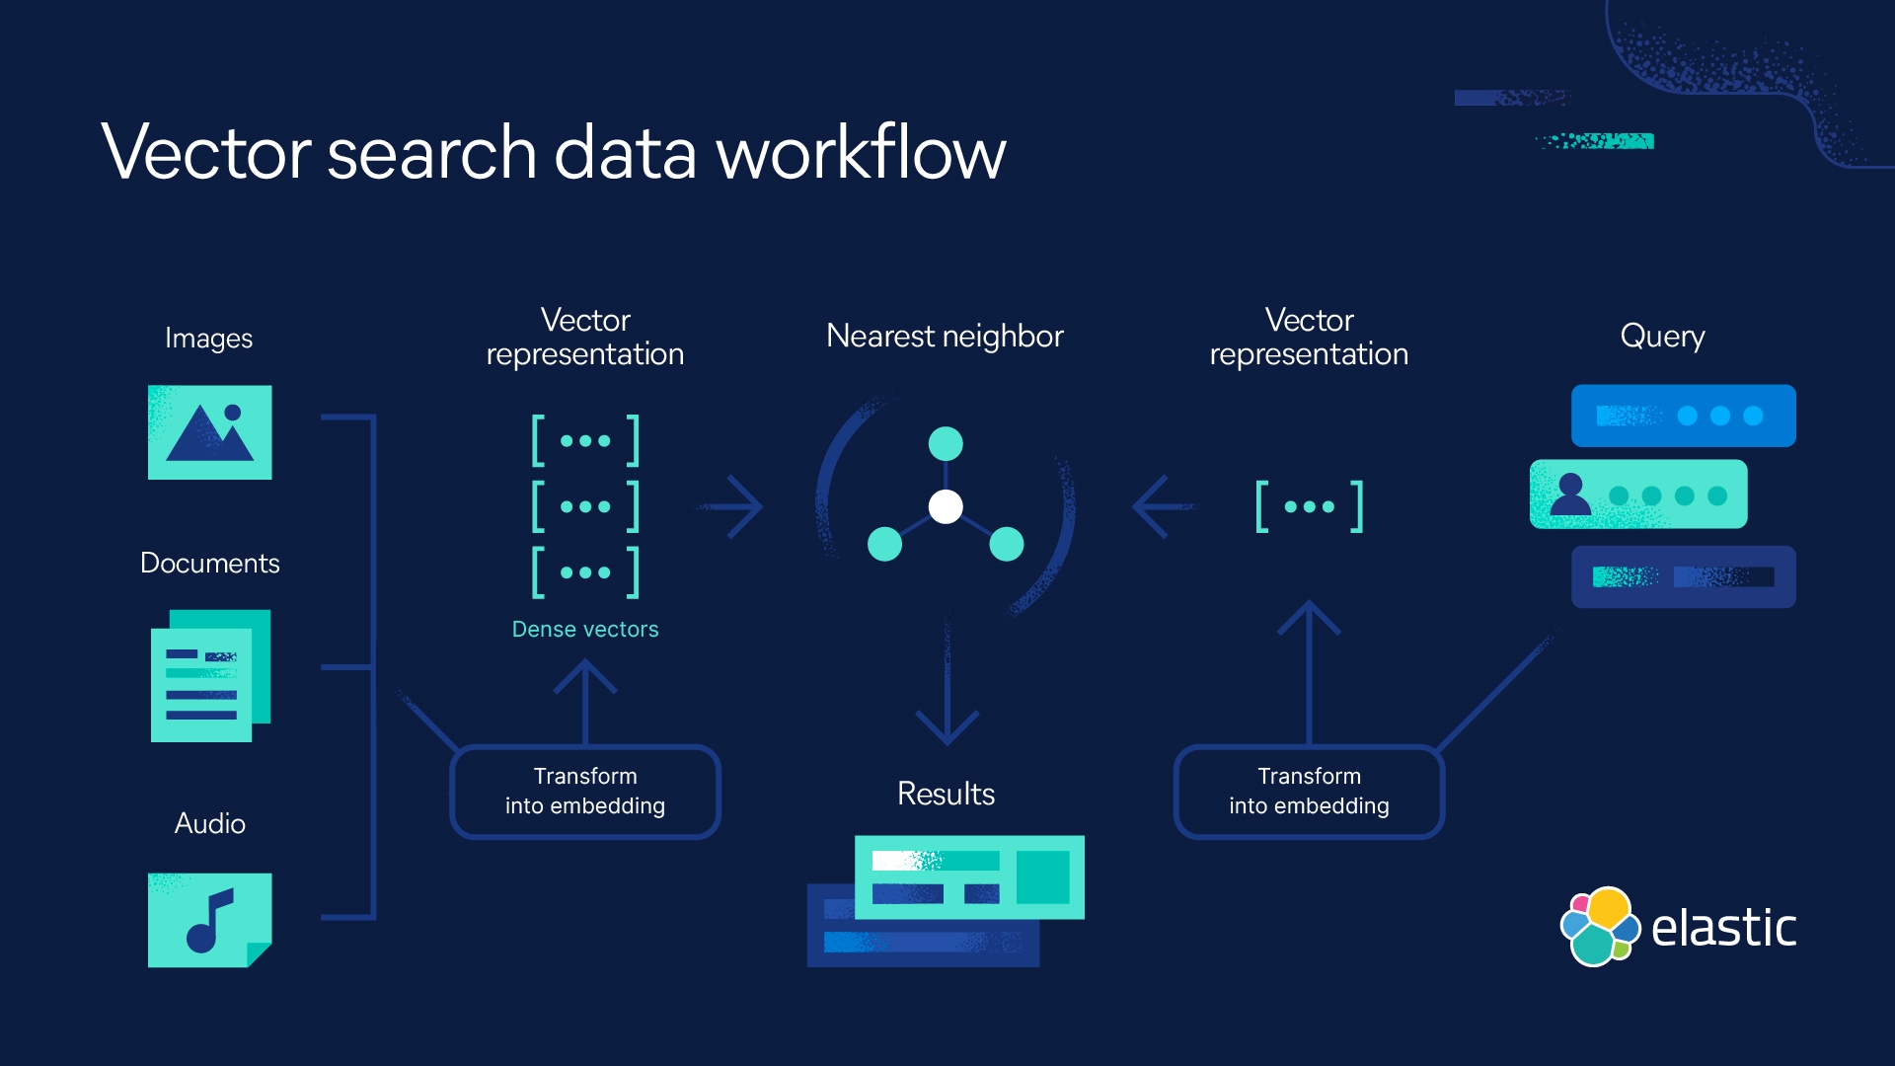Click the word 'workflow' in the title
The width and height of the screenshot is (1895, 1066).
(861, 153)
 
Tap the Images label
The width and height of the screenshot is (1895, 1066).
(208, 338)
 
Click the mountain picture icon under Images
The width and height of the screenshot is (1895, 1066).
(209, 432)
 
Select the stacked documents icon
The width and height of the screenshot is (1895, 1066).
(209, 676)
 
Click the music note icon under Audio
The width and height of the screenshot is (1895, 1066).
(209, 920)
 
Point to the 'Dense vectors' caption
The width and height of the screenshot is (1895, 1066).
(584, 629)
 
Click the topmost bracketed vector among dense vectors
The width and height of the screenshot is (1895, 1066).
(585, 440)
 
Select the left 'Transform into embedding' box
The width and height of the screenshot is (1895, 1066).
(584, 792)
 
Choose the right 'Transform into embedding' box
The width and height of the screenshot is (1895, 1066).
(1309, 792)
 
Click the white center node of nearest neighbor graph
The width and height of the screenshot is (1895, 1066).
(946, 506)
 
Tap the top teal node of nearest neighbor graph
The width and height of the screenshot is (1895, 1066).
(946, 443)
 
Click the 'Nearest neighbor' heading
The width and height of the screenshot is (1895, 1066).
(945, 336)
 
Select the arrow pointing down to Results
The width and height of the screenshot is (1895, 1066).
(947, 691)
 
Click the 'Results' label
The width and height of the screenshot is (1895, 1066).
(946, 794)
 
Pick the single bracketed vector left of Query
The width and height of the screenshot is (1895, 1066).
(1309, 506)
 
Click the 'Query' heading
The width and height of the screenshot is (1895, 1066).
(1662, 336)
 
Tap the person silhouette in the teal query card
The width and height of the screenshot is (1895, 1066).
(1569, 495)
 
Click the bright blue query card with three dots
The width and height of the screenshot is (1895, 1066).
(1683, 416)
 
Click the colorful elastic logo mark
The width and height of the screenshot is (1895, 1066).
(1599, 926)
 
